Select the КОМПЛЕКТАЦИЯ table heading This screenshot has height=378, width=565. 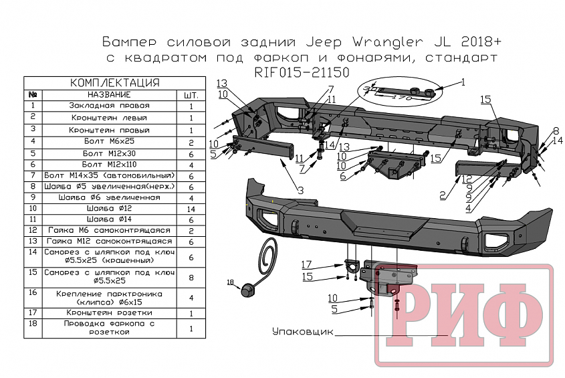[x=114, y=83]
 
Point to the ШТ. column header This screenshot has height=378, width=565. [x=191, y=95]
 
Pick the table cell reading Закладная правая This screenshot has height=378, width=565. [x=109, y=106]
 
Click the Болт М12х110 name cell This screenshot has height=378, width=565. [x=109, y=163]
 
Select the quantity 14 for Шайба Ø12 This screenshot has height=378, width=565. [x=191, y=209]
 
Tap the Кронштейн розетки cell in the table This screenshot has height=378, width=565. [x=109, y=312]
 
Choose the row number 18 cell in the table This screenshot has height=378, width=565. [x=33, y=328]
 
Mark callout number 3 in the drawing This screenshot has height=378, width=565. [x=300, y=191]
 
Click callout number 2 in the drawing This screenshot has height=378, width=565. [x=443, y=195]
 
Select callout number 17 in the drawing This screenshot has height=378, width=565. [x=306, y=263]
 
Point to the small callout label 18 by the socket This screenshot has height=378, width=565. [x=231, y=282]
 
